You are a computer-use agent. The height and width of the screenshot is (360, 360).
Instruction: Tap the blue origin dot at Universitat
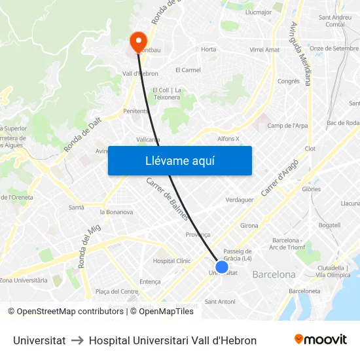pos(222,267)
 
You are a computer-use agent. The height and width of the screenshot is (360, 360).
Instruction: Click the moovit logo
pos(320,340)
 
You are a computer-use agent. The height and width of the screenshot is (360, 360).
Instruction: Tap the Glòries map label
pos(312,189)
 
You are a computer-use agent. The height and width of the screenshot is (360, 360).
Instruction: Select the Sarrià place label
pos(77,207)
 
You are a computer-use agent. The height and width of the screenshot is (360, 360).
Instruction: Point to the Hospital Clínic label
pos(171,261)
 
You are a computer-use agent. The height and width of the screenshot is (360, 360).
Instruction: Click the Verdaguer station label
pos(239,200)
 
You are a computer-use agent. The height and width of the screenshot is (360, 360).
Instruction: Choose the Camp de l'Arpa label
pos(288,125)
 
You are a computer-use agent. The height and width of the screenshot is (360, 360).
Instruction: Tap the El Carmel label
pos(188,70)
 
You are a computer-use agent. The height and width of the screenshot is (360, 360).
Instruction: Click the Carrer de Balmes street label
pos(168,199)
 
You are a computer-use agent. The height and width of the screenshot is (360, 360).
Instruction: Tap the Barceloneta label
pos(304,291)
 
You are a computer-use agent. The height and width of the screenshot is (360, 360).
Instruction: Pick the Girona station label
pos(249,226)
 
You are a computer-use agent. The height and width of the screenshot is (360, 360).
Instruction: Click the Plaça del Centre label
pos(117,291)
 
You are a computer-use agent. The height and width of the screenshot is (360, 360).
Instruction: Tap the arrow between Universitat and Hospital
pos(77,340)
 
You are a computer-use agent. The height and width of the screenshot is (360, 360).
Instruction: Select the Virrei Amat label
pos(264,50)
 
